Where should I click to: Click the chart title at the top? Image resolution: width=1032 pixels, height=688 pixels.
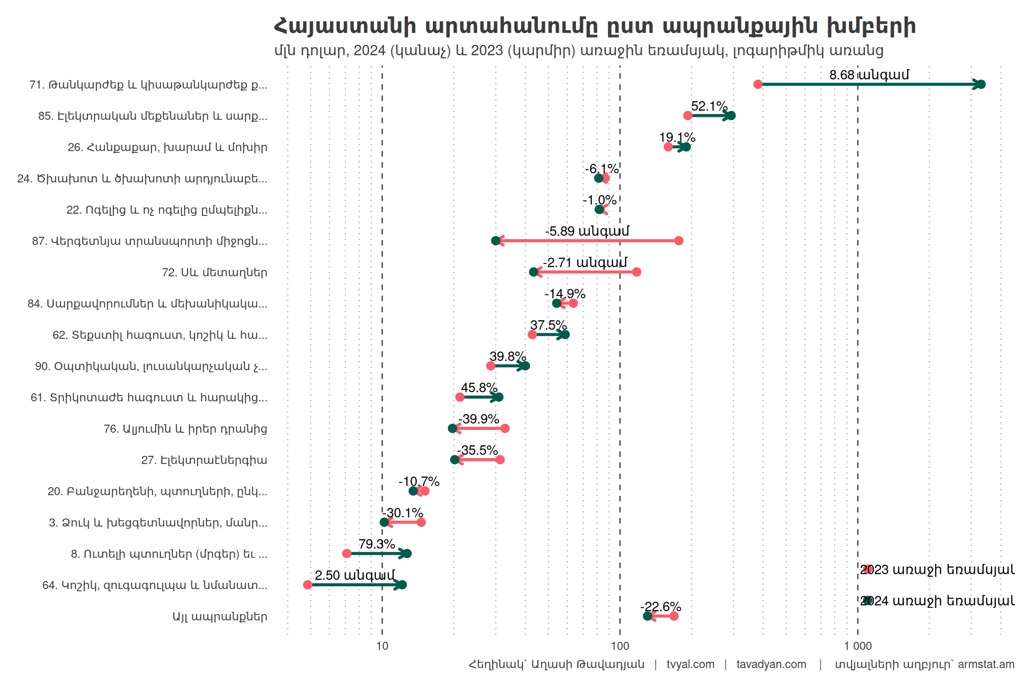(x=594, y=26)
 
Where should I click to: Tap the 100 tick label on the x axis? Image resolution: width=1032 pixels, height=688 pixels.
(x=620, y=646)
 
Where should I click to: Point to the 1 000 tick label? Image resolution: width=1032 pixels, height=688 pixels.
(x=858, y=646)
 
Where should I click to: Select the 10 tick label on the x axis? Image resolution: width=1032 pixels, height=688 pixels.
(x=382, y=646)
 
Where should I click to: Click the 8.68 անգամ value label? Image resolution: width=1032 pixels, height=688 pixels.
(x=869, y=75)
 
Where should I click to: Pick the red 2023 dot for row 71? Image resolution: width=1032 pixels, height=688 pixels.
(x=758, y=84)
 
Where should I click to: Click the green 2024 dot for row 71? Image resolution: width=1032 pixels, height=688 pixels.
(x=981, y=84)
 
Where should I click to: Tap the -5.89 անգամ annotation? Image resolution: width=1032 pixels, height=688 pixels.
(x=587, y=231)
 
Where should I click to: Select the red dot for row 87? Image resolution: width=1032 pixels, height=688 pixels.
(x=679, y=241)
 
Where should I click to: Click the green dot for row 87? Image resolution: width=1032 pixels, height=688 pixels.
(x=495, y=241)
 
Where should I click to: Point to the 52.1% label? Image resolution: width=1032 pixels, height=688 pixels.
(x=709, y=106)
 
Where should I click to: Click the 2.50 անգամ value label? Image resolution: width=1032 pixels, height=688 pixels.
(x=355, y=575)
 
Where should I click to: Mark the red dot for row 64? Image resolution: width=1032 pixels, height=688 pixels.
(x=307, y=585)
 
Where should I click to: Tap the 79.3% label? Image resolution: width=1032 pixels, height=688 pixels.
(x=377, y=544)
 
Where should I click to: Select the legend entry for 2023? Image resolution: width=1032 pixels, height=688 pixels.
(x=937, y=570)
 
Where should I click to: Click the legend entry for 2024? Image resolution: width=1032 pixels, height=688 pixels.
(x=937, y=601)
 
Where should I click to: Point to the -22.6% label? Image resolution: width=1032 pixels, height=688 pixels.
(x=661, y=606)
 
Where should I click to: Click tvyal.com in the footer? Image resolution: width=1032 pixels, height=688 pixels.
(x=690, y=664)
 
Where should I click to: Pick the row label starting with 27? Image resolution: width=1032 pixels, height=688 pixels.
(x=204, y=460)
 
